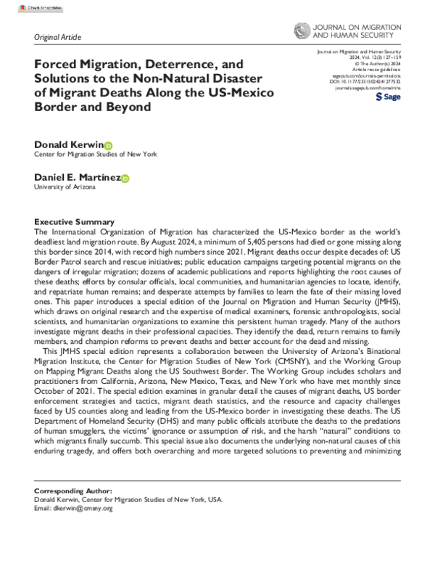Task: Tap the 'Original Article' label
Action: click(x=58, y=37)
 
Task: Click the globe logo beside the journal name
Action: click(x=302, y=31)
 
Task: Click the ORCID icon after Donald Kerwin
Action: click(x=109, y=145)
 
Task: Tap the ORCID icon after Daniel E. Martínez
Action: click(x=125, y=178)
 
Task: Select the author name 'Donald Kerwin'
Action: click(x=69, y=145)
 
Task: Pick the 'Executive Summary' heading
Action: click(x=75, y=221)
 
